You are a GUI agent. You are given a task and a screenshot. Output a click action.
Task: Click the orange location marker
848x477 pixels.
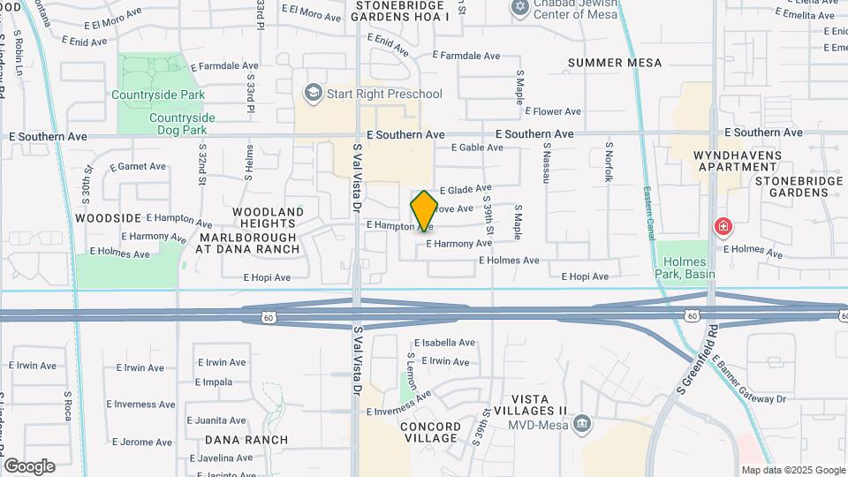[x=424, y=210]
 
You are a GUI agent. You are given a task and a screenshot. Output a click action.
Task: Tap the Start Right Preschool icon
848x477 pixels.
[x=312, y=93]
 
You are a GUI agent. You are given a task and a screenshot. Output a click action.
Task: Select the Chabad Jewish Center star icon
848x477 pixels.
[x=519, y=8]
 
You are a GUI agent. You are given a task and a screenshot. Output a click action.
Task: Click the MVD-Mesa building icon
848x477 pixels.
[x=581, y=424]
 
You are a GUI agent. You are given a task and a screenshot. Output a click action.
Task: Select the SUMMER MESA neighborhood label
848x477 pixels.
[x=615, y=63]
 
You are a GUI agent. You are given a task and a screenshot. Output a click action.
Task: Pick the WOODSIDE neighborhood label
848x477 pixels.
[x=109, y=217]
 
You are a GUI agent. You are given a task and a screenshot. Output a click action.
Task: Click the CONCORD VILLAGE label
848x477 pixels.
[x=430, y=432]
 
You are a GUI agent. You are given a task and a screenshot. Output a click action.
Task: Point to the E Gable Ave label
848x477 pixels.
[x=477, y=148]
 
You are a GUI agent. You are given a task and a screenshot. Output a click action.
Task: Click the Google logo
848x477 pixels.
[x=29, y=466]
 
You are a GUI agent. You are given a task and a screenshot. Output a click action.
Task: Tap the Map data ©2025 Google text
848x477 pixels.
[x=792, y=470]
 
